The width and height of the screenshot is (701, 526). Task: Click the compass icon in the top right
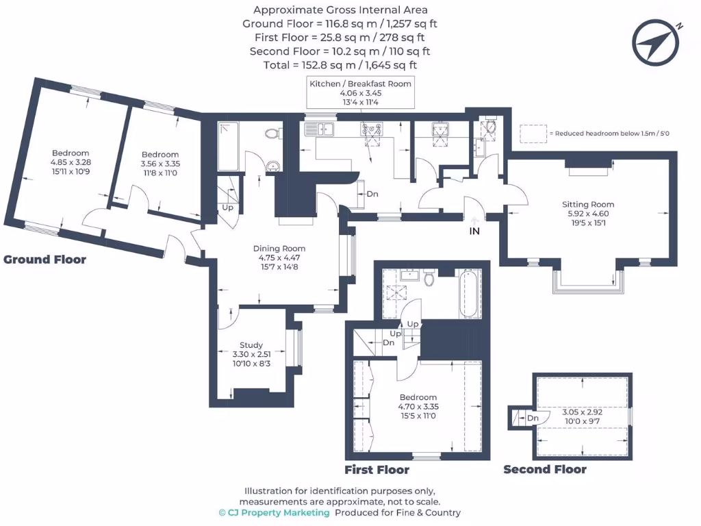(657, 42)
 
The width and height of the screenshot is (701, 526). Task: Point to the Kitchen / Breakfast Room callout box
(361, 92)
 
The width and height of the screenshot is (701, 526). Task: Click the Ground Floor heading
(45, 260)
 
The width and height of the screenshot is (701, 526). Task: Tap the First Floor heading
(377, 470)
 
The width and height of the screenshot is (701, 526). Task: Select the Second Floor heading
(545, 470)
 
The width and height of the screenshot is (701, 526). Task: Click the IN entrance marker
(474, 231)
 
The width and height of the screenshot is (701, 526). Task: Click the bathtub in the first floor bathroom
(470, 295)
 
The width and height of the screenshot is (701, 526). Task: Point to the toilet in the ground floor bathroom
(272, 133)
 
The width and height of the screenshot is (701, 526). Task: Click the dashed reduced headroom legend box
(533, 134)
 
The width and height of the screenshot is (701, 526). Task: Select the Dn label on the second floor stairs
(532, 418)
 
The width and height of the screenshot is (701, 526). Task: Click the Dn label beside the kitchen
(372, 194)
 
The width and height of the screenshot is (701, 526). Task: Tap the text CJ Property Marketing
(274, 512)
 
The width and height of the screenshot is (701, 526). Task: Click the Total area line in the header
(340, 65)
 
